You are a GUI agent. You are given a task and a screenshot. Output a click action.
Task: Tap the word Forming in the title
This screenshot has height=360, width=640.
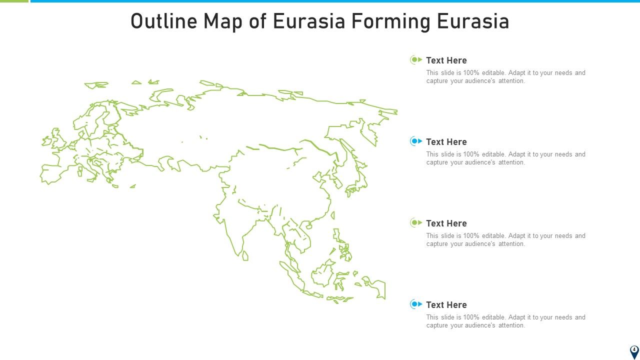click(390, 21)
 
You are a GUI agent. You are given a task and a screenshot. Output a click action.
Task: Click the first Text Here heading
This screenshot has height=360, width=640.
click(446, 60)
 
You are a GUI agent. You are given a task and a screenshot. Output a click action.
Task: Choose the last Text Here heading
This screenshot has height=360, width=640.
click(446, 305)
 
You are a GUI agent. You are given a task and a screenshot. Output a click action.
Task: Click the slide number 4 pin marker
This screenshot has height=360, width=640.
click(634, 351)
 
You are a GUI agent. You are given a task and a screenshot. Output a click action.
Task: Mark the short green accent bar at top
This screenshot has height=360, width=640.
click(14, 1)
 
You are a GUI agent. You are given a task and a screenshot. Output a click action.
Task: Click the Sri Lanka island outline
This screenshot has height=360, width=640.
click(245, 255)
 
